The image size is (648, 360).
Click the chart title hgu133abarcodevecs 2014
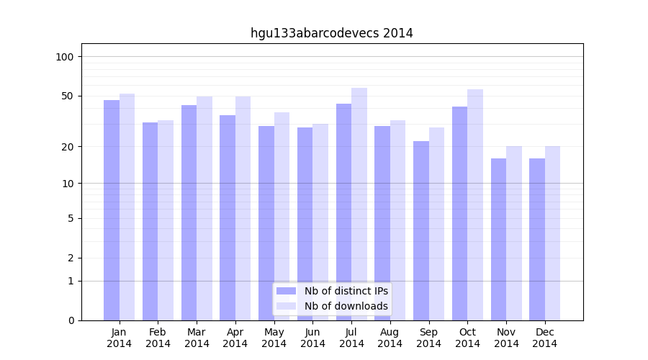pos(331,33)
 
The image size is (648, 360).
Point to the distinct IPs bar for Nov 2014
pos(498,239)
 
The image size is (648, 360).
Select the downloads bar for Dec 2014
pos(552,233)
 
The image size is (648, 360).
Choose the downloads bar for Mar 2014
pos(204,208)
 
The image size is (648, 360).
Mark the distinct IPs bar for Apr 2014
pos(228,217)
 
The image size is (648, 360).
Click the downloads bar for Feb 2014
pos(166,220)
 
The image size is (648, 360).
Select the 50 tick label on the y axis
pos(68,96)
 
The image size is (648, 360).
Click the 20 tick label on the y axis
pos(68,147)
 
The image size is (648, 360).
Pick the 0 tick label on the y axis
pos(71,320)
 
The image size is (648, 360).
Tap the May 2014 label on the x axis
pos(274,338)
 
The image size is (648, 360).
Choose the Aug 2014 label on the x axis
pos(390,338)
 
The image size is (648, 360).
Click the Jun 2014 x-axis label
pos(312,338)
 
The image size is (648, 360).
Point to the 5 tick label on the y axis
pos(71,218)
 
